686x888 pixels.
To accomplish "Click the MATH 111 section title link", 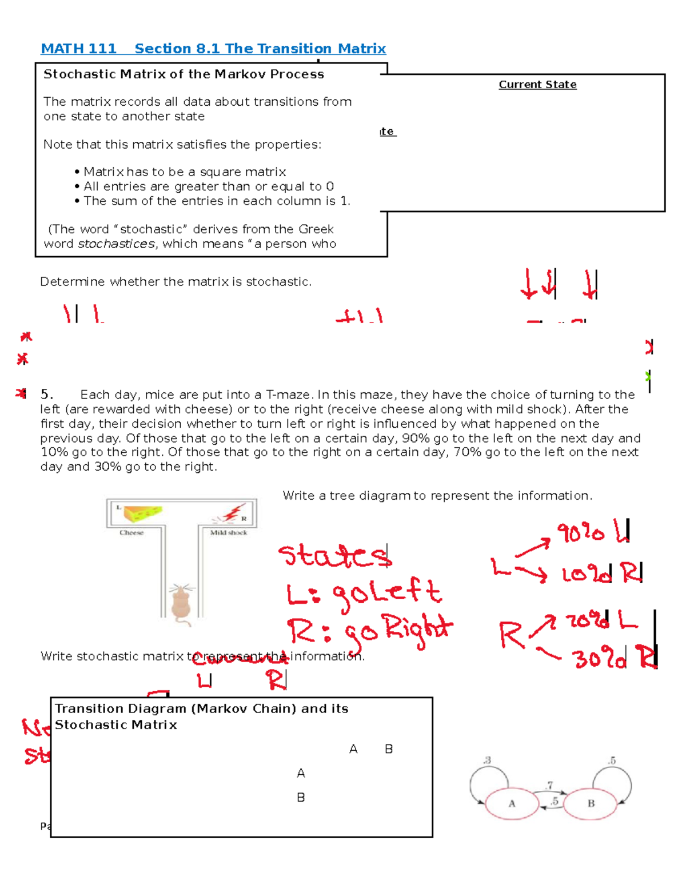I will (213, 49).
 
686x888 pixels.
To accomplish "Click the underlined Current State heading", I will (537, 85).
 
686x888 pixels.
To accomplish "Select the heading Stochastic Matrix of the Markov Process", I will (184, 74).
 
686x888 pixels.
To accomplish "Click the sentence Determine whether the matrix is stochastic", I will (176, 282).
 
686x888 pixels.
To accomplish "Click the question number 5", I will (46, 395).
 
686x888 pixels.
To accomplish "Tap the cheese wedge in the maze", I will (142, 513).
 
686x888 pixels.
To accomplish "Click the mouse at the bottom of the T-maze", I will (181, 603).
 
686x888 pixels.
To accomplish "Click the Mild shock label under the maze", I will (229, 533).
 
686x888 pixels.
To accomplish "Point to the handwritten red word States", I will (334, 556).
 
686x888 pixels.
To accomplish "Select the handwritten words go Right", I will (397, 632).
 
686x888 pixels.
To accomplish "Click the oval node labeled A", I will (512, 803).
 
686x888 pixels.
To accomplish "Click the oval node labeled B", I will (591, 803).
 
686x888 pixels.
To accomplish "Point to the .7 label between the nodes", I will (549, 785).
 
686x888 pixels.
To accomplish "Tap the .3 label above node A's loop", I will (487, 760).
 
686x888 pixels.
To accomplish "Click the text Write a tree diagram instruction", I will (437, 496).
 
